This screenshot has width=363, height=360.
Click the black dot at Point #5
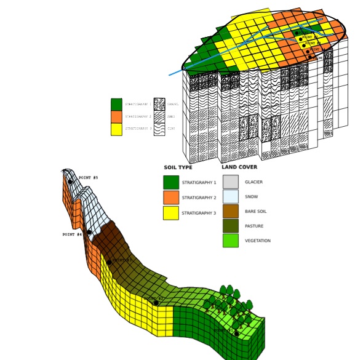tap(71, 181)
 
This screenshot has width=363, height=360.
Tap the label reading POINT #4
tap(72, 234)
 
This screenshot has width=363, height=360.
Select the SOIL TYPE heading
tap(178, 167)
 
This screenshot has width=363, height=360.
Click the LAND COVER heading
tap(239, 167)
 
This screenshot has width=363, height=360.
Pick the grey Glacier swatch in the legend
tap(230, 182)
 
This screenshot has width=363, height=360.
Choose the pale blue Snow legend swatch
tap(230, 197)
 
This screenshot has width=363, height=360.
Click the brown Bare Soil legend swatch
tap(230, 212)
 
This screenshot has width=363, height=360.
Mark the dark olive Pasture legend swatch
tap(230, 226)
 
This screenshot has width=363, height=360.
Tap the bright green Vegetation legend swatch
tap(230, 241)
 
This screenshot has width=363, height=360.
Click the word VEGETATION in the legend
tap(257, 241)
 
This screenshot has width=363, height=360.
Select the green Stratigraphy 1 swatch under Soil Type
tap(171, 183)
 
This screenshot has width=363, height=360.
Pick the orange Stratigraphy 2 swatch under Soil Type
tap(171, 198)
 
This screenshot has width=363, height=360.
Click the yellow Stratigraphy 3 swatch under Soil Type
tap(171, 213)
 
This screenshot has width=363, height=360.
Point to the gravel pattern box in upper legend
tap(159, 104)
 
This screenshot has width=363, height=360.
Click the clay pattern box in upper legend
tap(159, 129)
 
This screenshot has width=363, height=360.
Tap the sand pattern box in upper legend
tap(159, 116)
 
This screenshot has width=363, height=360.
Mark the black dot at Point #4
tap(89, 232)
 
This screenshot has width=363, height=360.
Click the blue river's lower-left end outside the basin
tap(170, 75)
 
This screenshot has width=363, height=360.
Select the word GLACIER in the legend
tap(253, 182)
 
